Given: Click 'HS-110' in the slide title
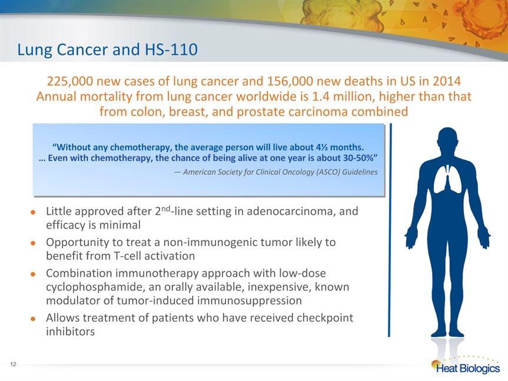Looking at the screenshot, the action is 171,49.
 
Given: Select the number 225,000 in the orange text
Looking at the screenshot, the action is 69,81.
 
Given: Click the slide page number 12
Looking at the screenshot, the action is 13,364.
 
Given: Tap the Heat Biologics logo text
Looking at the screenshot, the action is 468,369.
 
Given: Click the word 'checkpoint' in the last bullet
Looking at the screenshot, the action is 325,318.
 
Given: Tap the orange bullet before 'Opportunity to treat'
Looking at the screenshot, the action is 33,243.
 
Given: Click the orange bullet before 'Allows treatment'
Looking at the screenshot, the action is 33,319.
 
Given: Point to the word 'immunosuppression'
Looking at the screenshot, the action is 250,301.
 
